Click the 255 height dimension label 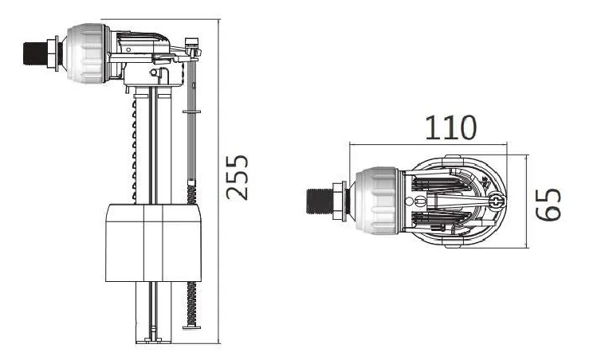(x=238, y=177)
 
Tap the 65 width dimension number (x=548, y=204)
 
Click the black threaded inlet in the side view (x=33, y=52)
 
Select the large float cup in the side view (x=153, y=242)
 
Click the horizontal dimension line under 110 (x=430, y=145)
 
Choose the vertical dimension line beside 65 (x=527, y=201)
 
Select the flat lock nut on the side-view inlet (x=53, y=52)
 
